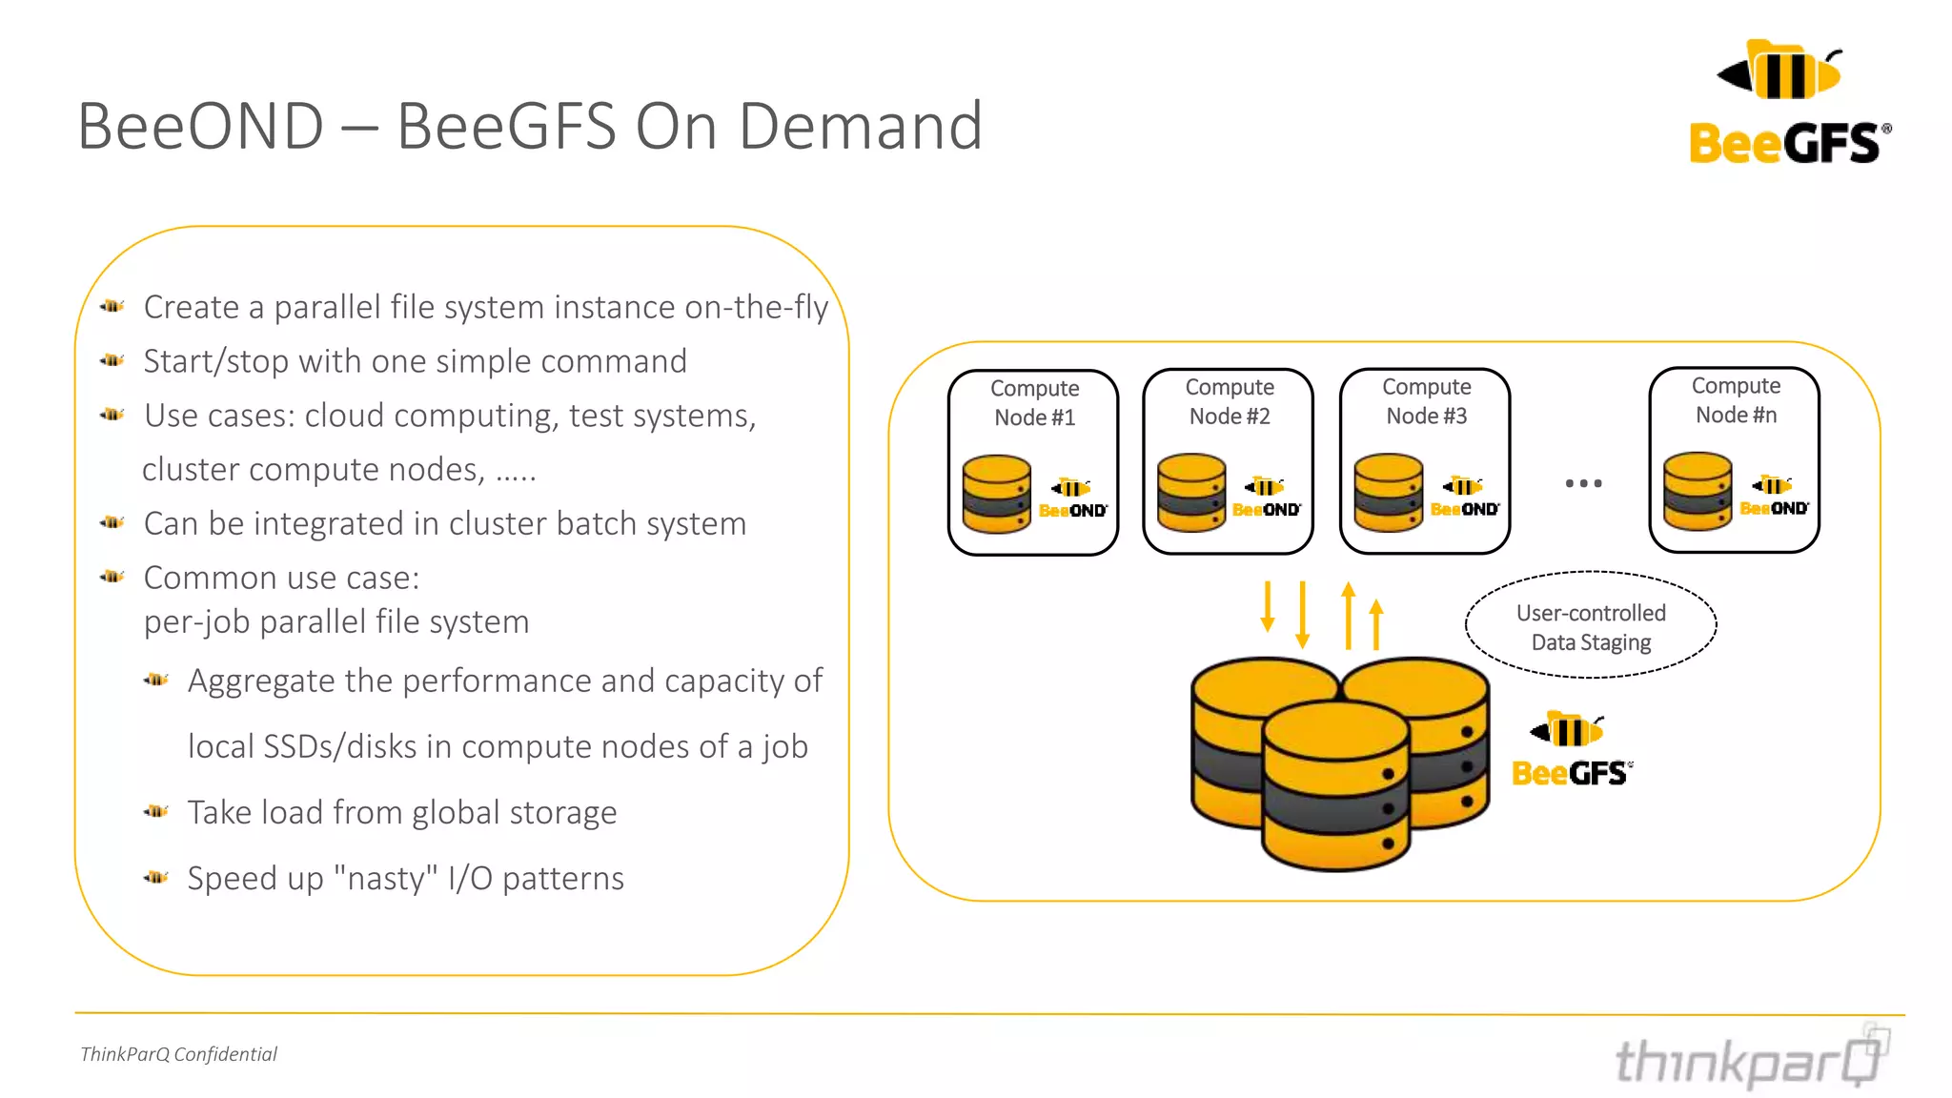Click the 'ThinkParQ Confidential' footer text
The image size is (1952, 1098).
(178, 1054)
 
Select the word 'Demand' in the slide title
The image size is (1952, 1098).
(860, 126)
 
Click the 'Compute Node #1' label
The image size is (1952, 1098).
(1034, 403)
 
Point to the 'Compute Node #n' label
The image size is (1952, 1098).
(1735, 400)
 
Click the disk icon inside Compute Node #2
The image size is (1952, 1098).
(1190, 493)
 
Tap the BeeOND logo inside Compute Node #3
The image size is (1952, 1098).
(1465, 498)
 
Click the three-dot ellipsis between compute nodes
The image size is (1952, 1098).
(1583, 484)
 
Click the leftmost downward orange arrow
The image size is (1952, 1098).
(1267, 607)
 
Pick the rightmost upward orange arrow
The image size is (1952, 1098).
(1375, 624)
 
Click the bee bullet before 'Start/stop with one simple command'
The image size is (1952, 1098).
(112, 360)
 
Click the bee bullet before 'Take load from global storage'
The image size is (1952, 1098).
(156, 811)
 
